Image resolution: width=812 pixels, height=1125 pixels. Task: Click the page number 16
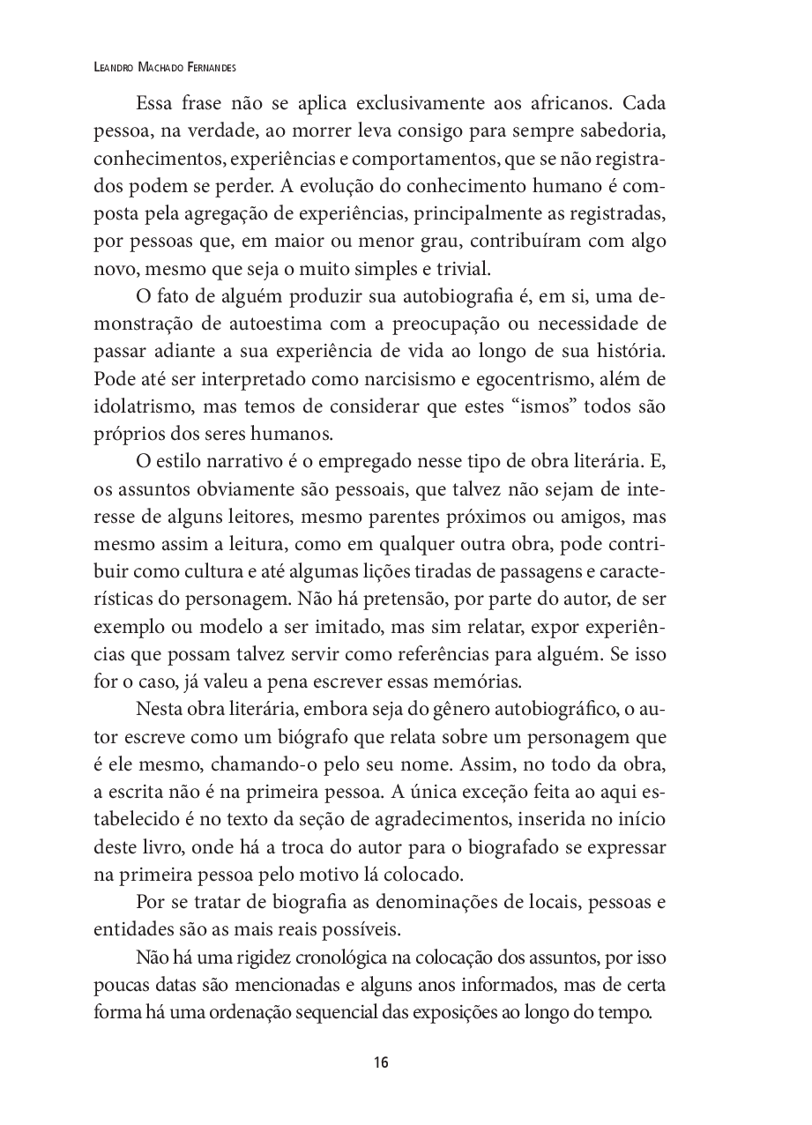pyautogui.click(x=380, y=1062)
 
